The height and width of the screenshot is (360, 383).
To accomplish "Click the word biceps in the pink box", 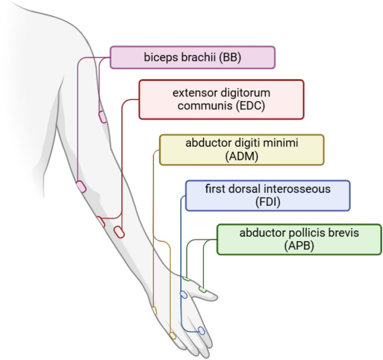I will pos(158,58).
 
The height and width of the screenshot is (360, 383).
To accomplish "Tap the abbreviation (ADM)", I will pos(241,156).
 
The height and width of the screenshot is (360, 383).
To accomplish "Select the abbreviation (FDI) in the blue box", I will pos(267,202).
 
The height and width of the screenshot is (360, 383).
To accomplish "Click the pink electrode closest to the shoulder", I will pos(103,117).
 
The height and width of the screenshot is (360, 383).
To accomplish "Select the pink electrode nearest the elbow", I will pos(81,187).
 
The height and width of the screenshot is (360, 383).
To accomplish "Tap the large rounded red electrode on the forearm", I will pos(119,231).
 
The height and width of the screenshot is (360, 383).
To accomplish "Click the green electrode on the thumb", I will pos(202,290).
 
